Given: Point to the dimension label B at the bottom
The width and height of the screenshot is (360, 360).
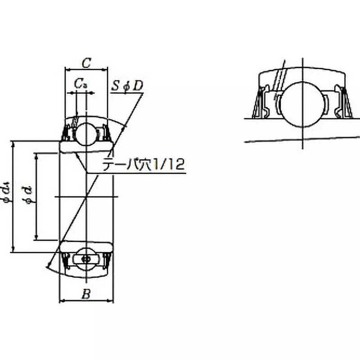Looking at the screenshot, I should [x=86, y=294].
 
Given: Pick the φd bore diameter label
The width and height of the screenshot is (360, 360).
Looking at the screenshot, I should [x=29, y=196].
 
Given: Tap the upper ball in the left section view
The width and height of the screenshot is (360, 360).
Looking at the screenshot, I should [x=85, y=134].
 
